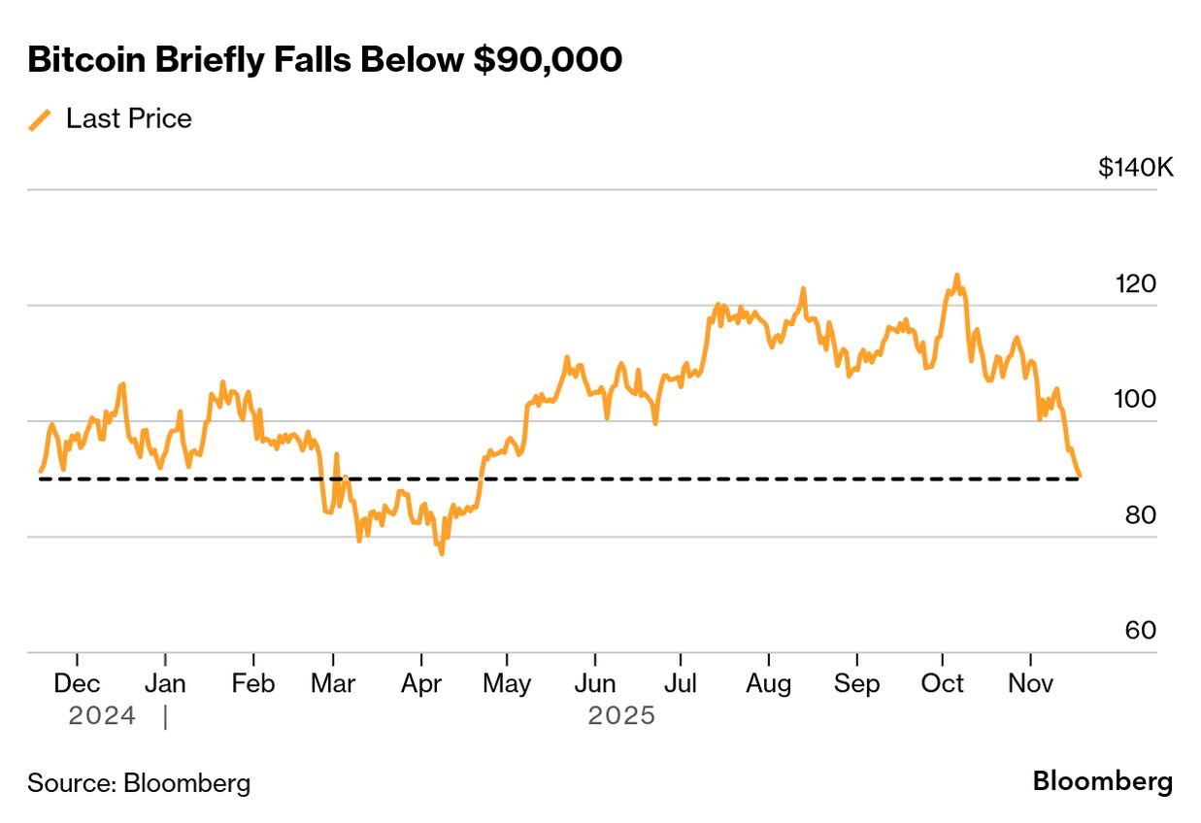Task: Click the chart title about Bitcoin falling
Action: pyautogui.click(x=324, y=60)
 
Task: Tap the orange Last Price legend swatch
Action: pyautogui.click(x=40, y=119)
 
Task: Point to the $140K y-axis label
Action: pyautogui.click(x=1135, y=168)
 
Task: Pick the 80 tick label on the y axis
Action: pyautogui.click(x=1140, y=515)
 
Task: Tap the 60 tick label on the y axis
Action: pyautogui.click(x=1140, y=631)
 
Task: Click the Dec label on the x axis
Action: pyautogui.click(x=77, y=683)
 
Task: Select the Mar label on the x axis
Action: pyautogui.click(x=333, y=683)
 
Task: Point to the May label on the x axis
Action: pyautogui.click(x=507, y=683)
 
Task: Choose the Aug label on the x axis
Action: pyautogui.click(x=768, y=683)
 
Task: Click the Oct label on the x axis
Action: pyautogui.click(x=942, y=683)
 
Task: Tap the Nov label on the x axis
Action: pyautogui.click(x=1030, y=683)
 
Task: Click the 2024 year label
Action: pyautogui.click(x=102, y=716)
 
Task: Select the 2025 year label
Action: pyautogui.click(x=621, y=716)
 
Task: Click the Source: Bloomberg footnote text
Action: pyautogui.click(x=139, y=783)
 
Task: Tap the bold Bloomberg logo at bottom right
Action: pyautogui.click(x=1102, y=781)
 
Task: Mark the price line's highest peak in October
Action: pyautogui.click(x=956, y=276)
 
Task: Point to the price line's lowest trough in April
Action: pyautogui.click(x=442, y=553)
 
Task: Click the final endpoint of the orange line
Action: pyautogui.click(x=1080, y=476)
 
